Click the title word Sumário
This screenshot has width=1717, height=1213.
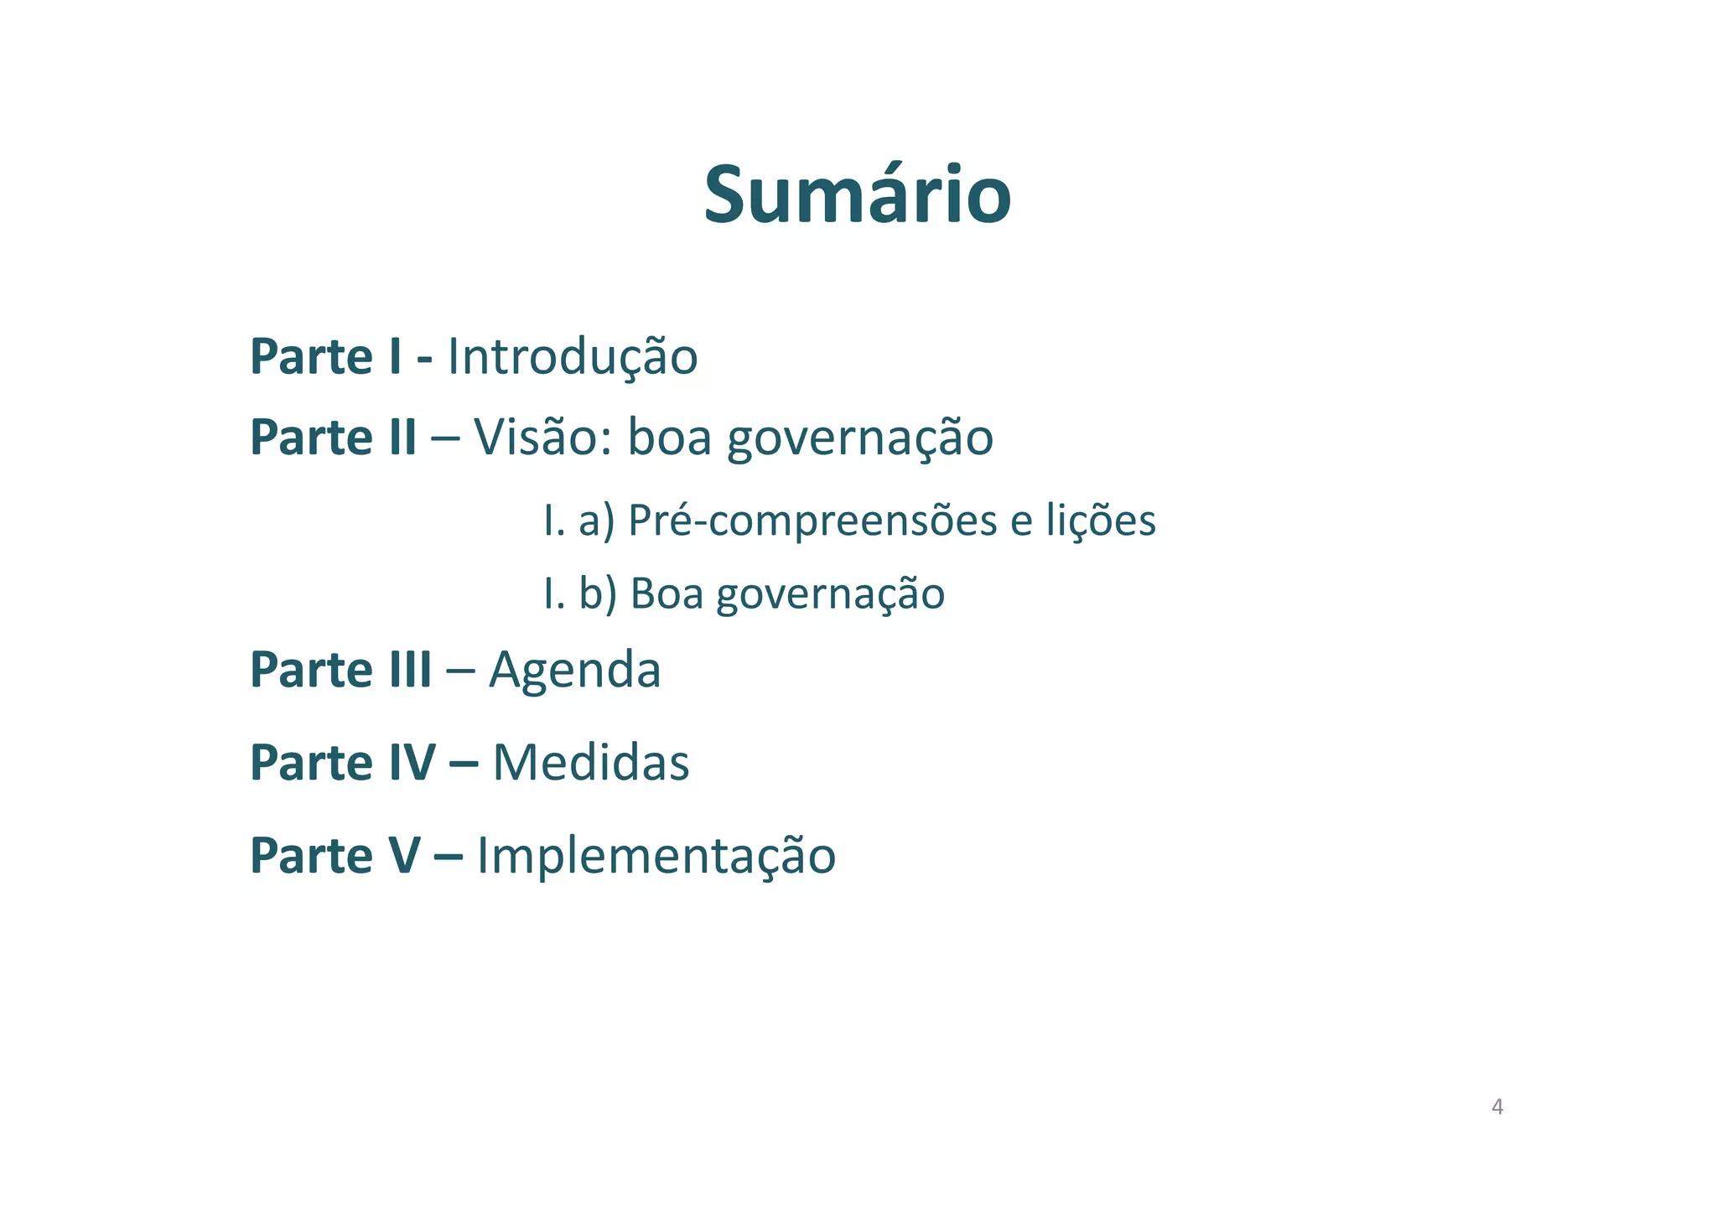pyautogui.click(x=857, y=195)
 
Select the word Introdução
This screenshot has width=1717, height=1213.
pyautogui.click(x=573, y=356)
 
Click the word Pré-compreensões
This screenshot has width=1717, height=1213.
pyautogui.click(x=812, y=521)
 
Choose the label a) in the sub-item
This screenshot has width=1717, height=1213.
pyautogui.click(x=597, y=521)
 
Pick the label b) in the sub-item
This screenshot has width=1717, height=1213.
pyautogui.click(x=598, y=594)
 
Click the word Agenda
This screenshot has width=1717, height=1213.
pyautogui.click(x=575, y=671)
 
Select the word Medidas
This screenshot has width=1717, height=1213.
pyautogui.click(x=591, y=763)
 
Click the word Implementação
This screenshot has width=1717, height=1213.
pyautogui.click(x=656, y=857)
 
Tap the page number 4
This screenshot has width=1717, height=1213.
pyautogui.click(x=1497, y=1107)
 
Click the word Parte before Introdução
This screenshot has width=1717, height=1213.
pyautogui.click(x=311, y=356)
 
